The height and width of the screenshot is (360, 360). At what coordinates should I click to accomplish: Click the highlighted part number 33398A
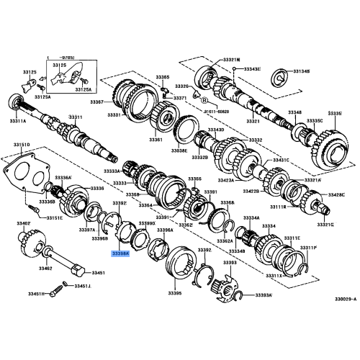[x=120, y=253]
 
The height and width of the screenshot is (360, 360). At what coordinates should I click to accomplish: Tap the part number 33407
[x=24, y=224]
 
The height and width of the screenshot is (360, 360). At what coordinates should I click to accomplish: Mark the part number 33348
[x=296, y=112]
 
